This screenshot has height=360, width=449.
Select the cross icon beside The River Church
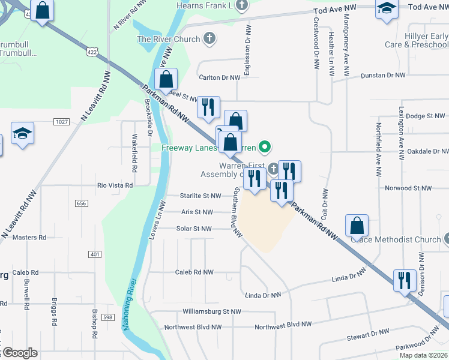click(x=209, y=40)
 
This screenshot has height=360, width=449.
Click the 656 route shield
click(x=82, y=203)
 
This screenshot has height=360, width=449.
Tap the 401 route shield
click(x=94, y=254)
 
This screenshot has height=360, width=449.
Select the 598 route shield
click(x=107, y=317)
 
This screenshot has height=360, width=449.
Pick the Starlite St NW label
click(x=201, y=196)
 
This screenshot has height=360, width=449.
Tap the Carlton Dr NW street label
click(x=220, y=77)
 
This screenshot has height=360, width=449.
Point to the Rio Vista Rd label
click(x=115, y=185)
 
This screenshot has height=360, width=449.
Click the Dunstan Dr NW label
click(x=383, y=76)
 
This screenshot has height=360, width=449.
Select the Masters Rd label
click(x=29, y=238)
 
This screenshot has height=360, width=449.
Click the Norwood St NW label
click(x=408, y=188)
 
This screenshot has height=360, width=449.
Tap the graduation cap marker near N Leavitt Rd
click(x=22, y=134)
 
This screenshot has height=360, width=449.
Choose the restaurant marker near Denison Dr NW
click(x=405, y=280)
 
